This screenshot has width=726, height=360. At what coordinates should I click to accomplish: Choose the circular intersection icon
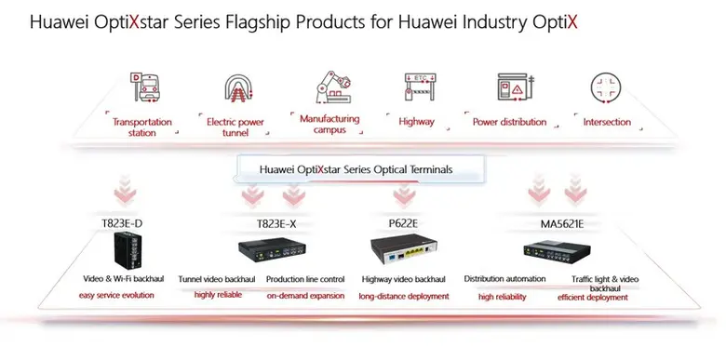[607, 87]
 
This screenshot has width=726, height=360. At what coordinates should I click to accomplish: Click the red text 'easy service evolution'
[116, 296]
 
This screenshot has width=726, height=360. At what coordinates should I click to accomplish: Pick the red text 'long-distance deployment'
[404, 297]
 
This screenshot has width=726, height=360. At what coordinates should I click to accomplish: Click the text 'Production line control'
[305, 279]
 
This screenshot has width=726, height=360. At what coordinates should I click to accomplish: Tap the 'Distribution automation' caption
[504, 279]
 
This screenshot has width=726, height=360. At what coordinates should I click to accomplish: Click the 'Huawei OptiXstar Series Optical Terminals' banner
[358, 169]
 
